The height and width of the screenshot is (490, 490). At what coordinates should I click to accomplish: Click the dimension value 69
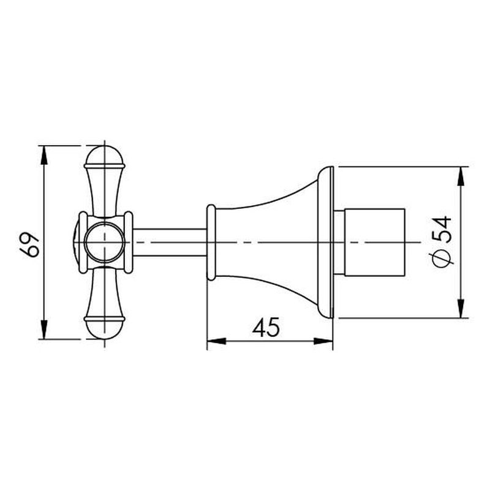(29, 244)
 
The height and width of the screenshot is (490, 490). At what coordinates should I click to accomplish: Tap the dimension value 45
(266, 327)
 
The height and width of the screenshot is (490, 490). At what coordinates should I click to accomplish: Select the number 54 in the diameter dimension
(443, 229)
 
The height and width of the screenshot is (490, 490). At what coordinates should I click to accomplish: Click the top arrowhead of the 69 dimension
(45, 156)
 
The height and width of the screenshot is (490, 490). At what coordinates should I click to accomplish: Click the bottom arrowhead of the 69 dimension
(45, 330)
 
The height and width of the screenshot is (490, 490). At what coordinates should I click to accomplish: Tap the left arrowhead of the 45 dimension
(217, 341)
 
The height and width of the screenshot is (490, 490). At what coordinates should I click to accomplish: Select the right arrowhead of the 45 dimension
(323, 341)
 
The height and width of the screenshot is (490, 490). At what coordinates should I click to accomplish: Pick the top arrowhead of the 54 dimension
(461, 176)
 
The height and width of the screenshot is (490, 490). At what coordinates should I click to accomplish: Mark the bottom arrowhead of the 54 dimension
(461, 309)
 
